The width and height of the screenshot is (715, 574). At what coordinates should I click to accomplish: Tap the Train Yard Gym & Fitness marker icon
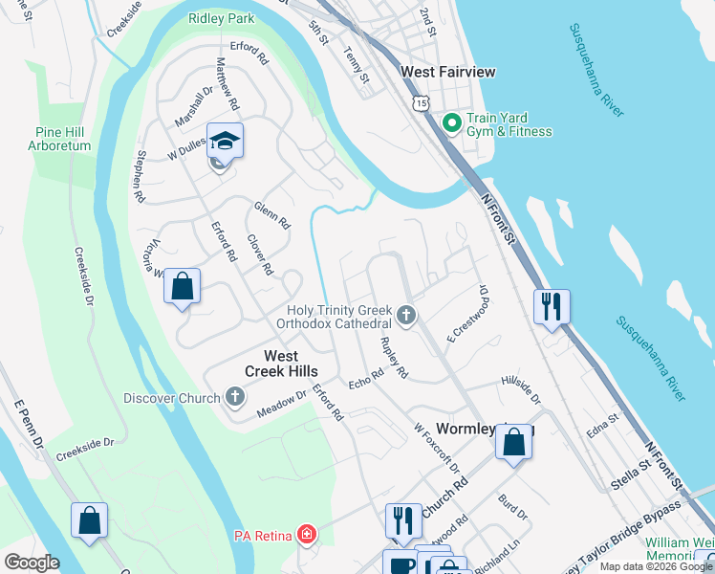[x=452, y=122]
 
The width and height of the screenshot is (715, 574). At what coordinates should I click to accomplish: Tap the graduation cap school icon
[x=225, y=141]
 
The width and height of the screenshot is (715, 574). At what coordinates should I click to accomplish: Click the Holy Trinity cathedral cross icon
[x=406, y=314]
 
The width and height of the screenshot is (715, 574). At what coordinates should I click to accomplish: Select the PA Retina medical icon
[x=306, y=533]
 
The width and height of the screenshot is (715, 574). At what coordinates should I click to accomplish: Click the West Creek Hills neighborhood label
[x=281, y=362]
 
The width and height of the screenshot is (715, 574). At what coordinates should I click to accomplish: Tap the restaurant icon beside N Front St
[x=552, y=306]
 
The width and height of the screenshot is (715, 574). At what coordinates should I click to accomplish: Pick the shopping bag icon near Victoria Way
[x=182, y=285]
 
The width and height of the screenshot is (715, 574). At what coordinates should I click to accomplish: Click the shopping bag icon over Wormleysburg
[x=513, y=442]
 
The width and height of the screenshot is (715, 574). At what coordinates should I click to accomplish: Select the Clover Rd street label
[x=260, y=255]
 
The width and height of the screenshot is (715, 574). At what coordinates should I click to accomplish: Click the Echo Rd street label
[x=365, y=380]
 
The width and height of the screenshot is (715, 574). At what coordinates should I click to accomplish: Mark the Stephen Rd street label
[x=141, y=175]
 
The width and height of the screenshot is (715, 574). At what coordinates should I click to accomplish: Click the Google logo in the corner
[x=32, y=563]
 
